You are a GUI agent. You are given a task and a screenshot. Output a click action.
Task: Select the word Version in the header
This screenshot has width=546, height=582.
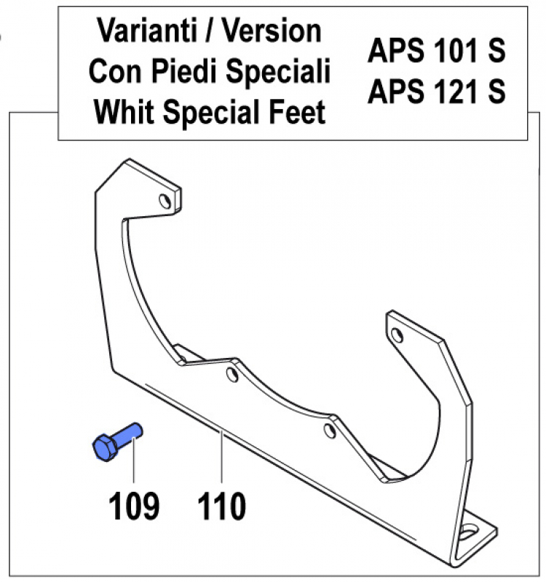click(272, 32)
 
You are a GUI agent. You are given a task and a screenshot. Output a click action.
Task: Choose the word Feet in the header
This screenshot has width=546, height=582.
click(296, 113)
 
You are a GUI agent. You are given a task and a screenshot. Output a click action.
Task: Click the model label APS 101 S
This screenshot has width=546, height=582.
click(436, 52)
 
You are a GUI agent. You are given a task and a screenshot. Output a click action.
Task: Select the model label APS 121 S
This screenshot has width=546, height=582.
click(436, 92)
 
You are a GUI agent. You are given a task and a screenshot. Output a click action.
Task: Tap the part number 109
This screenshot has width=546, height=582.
click(134, 506)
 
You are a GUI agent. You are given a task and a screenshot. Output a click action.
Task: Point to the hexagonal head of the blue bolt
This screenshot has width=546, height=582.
click(103, 447)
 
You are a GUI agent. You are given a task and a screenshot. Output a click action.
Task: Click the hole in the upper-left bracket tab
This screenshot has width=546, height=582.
click(167, 199)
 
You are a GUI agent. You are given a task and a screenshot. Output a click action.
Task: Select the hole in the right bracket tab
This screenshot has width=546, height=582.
click(397, 335)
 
